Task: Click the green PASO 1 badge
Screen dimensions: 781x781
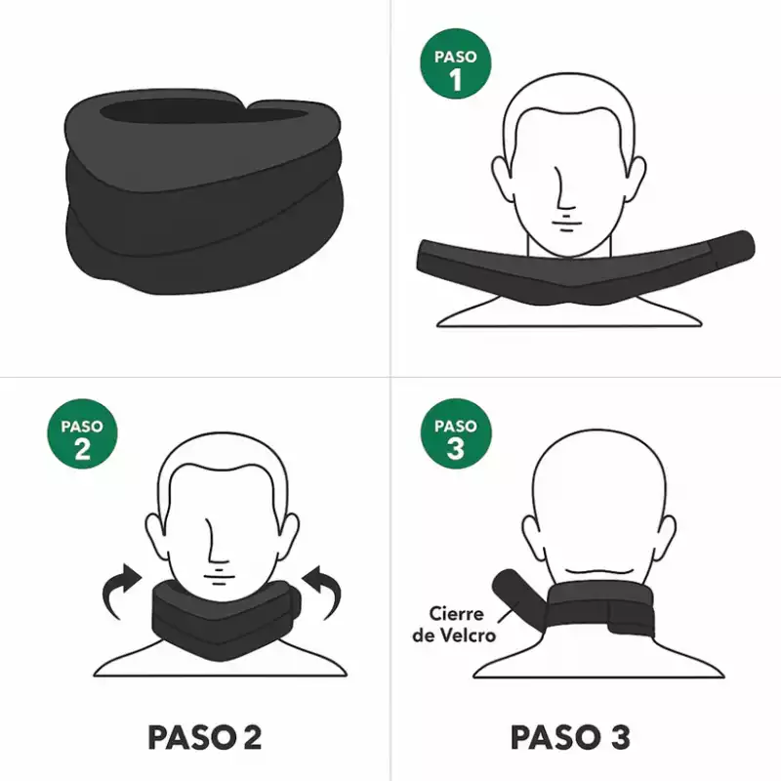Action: point(456,63)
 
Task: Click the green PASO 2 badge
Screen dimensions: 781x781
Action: point(82,433)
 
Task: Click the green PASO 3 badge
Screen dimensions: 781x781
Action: point(456,433)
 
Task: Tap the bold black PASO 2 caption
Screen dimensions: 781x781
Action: point(205,737)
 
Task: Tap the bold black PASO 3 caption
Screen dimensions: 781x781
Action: point(570,737)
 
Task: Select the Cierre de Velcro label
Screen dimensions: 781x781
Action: point(454,625)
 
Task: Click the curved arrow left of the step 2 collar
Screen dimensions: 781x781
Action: point(121,592)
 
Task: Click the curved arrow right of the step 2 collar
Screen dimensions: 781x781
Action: point(322,592)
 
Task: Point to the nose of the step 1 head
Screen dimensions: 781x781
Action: point(563,188)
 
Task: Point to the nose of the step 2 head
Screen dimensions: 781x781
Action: point(216,541)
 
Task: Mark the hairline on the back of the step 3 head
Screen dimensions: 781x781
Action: point(599,572)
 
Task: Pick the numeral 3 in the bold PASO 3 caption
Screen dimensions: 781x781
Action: point(620,737)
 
